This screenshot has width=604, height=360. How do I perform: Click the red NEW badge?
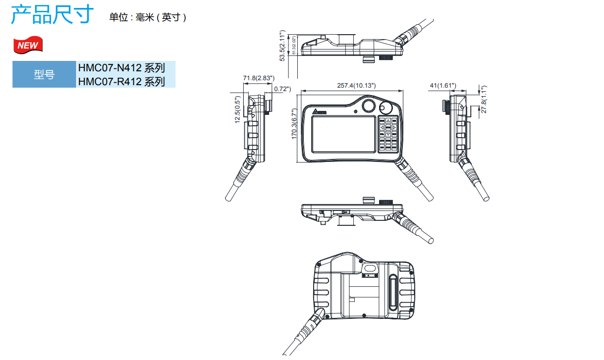(28, 45)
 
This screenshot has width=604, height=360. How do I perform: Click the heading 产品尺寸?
(52, 14)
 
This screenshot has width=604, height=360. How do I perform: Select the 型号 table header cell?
(44, 75)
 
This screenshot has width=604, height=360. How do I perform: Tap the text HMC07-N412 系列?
(121, 68)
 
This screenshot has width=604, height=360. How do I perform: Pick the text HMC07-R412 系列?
(121, 81)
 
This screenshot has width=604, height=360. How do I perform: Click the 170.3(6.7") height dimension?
(294, 124)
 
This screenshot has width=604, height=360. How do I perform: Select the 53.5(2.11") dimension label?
(282, 46)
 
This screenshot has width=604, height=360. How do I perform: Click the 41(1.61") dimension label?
(442, 86)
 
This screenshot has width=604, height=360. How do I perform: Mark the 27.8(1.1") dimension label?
(484, 100)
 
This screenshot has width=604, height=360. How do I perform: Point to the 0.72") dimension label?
(282, 89)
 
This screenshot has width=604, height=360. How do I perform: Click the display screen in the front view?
(342, 134)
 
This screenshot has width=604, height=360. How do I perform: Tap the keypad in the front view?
(388, 134)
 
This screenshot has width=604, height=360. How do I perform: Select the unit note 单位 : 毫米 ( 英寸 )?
(148, 17)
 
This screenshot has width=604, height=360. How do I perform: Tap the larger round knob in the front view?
(368, 105)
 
